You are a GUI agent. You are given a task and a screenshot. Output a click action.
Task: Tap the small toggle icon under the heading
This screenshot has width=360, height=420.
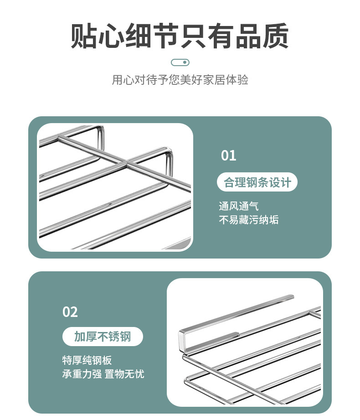[180, 62]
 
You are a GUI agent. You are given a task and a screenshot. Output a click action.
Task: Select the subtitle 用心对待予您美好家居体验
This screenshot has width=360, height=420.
[180, 80]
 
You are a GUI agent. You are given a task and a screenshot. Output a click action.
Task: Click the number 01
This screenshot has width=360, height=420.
[228, 156]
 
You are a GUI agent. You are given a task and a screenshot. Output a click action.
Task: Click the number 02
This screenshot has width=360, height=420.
[70, 312]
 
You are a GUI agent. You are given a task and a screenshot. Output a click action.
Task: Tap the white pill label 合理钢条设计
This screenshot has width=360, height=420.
[257, 183]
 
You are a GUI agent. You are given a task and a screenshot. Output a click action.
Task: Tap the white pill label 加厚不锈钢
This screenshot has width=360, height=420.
[103, 337]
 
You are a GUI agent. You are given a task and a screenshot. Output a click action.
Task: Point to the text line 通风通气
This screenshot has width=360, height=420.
[238, 206]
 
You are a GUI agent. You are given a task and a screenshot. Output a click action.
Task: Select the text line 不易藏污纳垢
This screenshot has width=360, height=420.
[248, 220]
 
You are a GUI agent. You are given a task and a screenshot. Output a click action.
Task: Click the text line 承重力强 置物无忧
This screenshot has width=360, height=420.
[103, 374]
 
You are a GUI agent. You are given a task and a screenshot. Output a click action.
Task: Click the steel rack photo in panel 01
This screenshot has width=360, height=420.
[115, 187]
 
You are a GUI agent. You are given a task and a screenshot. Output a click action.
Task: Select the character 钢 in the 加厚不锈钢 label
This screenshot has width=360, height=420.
[125, 337]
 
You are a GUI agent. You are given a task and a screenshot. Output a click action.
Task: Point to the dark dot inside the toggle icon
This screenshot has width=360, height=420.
[184, 62]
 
